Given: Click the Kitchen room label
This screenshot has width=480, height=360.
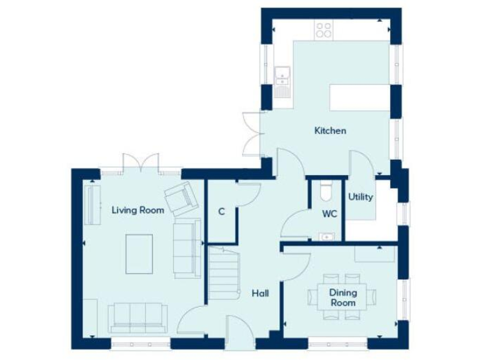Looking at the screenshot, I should tap(330, 131).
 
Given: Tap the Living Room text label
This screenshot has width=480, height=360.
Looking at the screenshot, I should tap(137, 210).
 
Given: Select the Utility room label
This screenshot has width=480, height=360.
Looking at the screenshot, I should tap(361, 197).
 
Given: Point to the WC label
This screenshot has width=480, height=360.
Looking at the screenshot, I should tap(329, 214).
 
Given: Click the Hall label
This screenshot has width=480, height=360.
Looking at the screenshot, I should tap(260, 292).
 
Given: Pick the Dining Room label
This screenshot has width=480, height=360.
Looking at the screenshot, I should tap(343, 297).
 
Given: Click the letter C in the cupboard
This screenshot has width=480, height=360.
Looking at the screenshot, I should tap(221, 211).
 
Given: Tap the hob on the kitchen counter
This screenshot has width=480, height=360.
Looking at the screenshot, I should tap(324, 29).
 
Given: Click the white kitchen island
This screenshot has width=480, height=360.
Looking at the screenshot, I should tap(360, 97).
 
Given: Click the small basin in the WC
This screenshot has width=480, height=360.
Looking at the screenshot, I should tap(326, 236).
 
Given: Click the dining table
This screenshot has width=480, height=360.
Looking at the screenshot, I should tap(343, 297).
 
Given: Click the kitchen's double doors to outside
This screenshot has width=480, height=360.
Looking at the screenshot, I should tap(251, 134).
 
